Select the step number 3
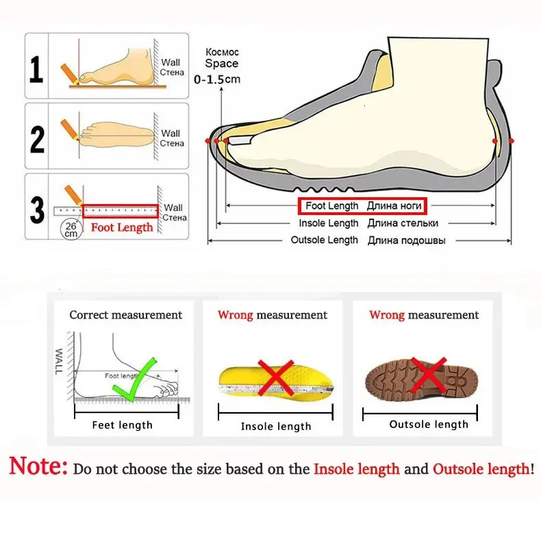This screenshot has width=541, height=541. pyautogui.click(x=37, y=210)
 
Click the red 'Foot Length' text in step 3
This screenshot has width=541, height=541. pyautogui.click(x=122, y=227)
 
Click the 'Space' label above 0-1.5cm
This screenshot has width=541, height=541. pyautogui.click(x=222, y=64)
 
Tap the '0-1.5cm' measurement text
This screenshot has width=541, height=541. pyautogui.click(x=218, y=79)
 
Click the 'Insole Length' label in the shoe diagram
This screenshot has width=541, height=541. pyautogui.click(x=329, y=223)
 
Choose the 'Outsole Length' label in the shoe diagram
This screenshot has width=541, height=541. pyautogui.click(x=324, y=240)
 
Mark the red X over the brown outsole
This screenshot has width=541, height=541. pyautogui.click(x=429, y=375)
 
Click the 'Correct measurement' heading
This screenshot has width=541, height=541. pyautogui.click(x=126, y=315)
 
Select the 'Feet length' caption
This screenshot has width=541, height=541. pyautogui.click(x=122, y=425)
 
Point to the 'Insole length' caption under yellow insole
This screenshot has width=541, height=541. pyautogui.click(x=276, y=426)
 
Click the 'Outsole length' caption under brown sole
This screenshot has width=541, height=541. pyautogui.click(x=429, y=425)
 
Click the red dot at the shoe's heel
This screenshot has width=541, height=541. pyautogui.click(x=494, y=140)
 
